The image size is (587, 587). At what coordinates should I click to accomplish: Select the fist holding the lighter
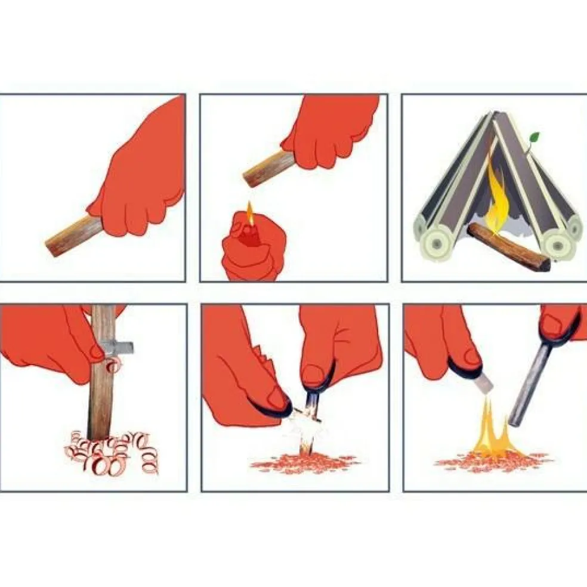point(250,251)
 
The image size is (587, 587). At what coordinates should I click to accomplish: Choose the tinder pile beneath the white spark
point(304,462)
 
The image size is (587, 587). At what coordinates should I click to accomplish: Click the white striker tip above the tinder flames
point(485,382)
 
